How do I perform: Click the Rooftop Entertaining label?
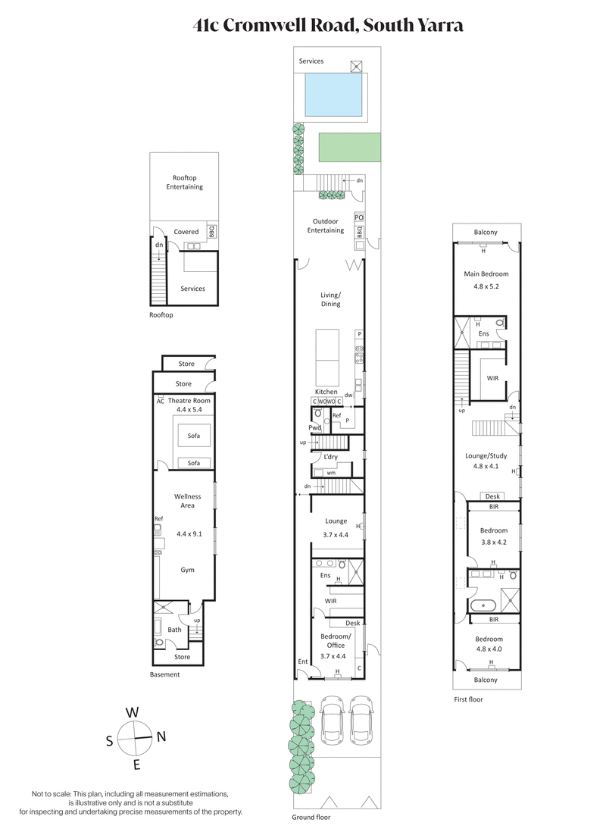pos(185,182)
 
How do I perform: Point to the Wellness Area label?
pos(188,501)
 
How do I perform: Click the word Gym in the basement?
pos(188,569)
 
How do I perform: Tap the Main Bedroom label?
pos(486,274)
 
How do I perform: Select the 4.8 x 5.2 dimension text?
pos(486,286)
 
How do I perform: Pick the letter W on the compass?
pos(132,712)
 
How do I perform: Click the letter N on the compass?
pos(161,736)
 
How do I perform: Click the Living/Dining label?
pos(330,299)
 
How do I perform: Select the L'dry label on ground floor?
pos(330,457)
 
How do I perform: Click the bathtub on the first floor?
pos(483,605)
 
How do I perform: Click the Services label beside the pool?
pos(311,61)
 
